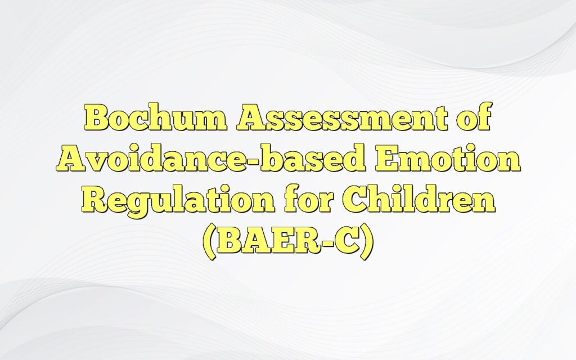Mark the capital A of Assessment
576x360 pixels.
click(251, 119)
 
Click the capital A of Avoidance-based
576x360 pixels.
click(71, 161)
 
